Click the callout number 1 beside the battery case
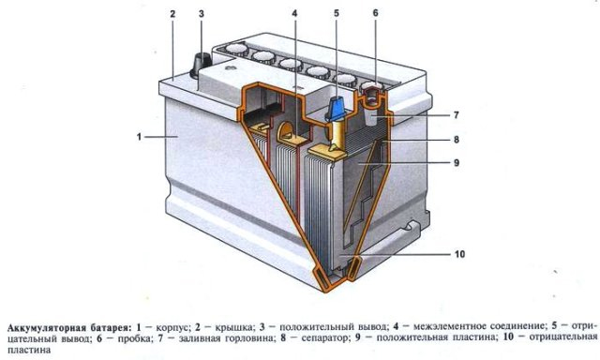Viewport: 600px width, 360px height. pyautogui.click(x=137, y=137)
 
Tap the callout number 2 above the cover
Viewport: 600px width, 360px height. pyautogui.click(x=172, y=14)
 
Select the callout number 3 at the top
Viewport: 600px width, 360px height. pyautogui.click(x=201, y=14)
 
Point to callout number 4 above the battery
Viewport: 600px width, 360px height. pyautogui.click(x=293, y=14)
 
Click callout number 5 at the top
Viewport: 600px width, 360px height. pyautogui.click(x=336, y=14)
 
